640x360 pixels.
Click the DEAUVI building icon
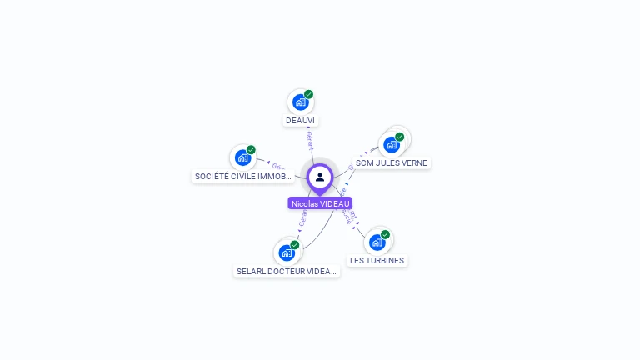click(x=300, y=102)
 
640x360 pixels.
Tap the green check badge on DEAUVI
click(x=308, y=94)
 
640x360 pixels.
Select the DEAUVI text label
click(x=301, y=121)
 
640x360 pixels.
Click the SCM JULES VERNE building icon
click(x=392, y=144)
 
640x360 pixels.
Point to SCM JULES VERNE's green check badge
click(x=400, y=137)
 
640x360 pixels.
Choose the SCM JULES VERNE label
click(x=392, y=163)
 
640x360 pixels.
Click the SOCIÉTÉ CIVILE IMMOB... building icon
click(x=242, y=157)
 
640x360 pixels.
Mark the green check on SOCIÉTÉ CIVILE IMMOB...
click(x=251, y=150)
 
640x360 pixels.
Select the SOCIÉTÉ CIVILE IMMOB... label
click(x=243, y=177)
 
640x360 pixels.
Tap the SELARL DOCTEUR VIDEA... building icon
click(x=287, y=252)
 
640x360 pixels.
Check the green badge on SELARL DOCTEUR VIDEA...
click(x=295, y=245)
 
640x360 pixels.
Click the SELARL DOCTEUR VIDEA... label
click(x=287, y=272)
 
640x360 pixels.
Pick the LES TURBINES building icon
click(x=377, y=242)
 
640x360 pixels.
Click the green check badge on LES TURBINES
click(x=385, y=235)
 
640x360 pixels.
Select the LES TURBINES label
click(x=377, y=261)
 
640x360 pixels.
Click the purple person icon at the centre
click(x=320, y=177)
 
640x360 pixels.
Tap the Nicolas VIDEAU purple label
click(x=320, y=203)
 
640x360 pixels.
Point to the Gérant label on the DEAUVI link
click(x=309, y=139)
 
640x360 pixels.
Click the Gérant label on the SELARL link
click(x=302, y=219)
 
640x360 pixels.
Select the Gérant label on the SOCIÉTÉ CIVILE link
click(x=277, y=166)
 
